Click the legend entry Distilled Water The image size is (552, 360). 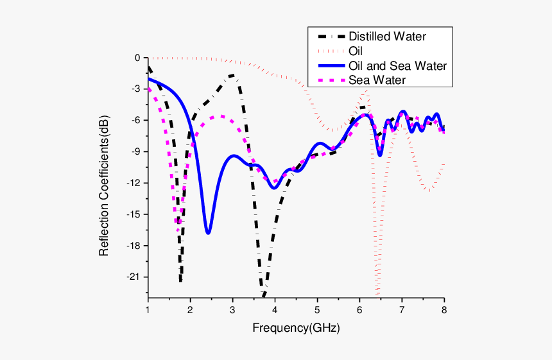coord(387,36)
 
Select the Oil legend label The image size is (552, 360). coord(356,51)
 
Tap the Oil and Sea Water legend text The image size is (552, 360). coord(397,65)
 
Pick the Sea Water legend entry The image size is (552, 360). coord(377,80)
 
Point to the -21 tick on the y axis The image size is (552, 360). coord(134,277)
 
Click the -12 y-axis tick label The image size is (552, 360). coord(134,183)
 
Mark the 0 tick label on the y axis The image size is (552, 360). coord(137,58)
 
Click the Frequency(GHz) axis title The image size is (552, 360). coord(296,328)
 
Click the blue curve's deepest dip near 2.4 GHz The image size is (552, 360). coord(208,232)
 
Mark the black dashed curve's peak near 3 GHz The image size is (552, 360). coord(232,76)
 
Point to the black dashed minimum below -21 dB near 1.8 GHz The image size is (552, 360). coord(180,281)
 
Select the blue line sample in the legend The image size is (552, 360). coord(327,65)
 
